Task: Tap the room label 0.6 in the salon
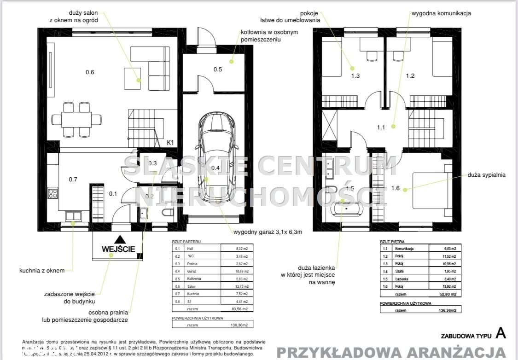tap(90, 72)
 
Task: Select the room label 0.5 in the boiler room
tap(218, 70)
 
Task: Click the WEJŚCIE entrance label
tap(118, 249)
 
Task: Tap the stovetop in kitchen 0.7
tap(53, 194)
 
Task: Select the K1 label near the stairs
tap(170, 143)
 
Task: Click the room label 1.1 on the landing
tap(380, 128)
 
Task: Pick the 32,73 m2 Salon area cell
tap(241, 286)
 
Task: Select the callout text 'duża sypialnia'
tap(486, 175)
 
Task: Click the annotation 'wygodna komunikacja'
tap(442, 14)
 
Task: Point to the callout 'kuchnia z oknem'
tap(42, 271)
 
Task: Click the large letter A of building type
tap(500, 333)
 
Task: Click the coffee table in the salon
tap(132, 78)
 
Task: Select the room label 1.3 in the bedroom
tap(355, 76)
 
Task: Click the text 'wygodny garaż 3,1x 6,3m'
tap(268, 232)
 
